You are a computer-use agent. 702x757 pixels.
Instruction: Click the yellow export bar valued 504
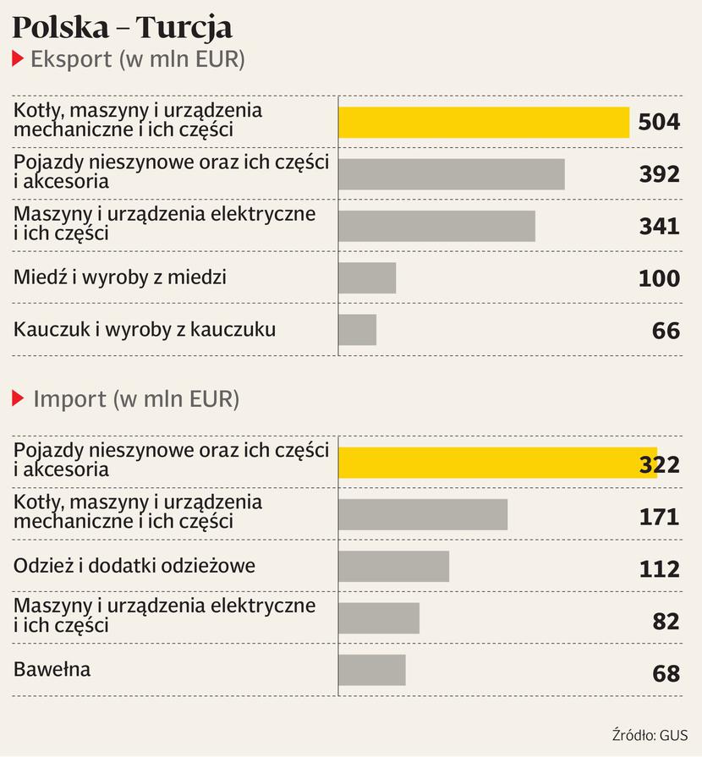[x=483, y=122]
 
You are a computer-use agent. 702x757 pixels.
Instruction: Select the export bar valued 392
[x=451, y=174]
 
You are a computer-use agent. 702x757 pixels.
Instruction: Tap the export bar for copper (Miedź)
[x=367, y=277]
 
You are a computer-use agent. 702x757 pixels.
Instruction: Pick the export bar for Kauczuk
[x=357, y=329]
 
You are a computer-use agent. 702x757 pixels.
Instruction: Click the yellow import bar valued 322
[x=497, y=463]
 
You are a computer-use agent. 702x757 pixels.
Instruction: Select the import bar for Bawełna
[x=371, y=670]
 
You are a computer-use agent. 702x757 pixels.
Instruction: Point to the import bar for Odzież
[x=393, y=566]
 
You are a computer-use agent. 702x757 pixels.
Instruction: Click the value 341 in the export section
[x=659, y=226]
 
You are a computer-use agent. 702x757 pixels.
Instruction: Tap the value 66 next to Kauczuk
[x=666, y=330]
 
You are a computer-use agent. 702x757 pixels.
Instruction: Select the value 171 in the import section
[x=659, y=515]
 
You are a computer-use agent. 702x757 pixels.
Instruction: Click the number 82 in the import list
[x=666, y=621]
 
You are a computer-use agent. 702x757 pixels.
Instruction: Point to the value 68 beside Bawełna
[x=666, y=673]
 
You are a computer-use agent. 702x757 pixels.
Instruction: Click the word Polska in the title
[x=60, y=28]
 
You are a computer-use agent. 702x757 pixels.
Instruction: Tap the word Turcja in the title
[x=184, y=28]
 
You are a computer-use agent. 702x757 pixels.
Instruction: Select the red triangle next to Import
[x=17, y=398]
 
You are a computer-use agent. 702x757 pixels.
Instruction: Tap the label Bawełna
[x=52, y=670]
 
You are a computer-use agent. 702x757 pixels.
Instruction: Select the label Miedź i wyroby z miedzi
[x=120, y=277]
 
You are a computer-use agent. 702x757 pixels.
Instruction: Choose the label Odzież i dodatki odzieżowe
[x=134, y=566]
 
